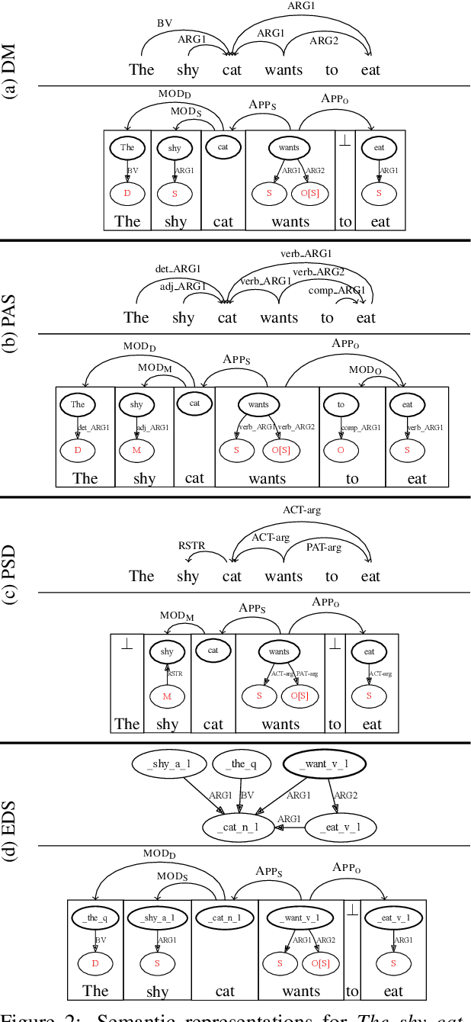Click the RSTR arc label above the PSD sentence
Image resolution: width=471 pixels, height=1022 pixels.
pyautogui.click(x=191, y=545)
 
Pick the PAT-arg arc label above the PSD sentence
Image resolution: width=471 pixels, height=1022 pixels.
pyautogui.click(x=323, y=547)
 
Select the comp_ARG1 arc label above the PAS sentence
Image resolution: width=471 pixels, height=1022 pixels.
pyautogui.click(x=337, y=291)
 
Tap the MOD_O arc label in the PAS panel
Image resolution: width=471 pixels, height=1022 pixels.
pyautogui.click(x=364, y=369)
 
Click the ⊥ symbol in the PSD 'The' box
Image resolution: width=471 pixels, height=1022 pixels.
pyautogui.click(x=127, y=644)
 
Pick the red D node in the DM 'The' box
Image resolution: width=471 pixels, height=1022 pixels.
pyautogui.click(x=127, y=194)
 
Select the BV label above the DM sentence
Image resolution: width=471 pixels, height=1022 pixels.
pyautogui.click(x=165, y=24)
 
